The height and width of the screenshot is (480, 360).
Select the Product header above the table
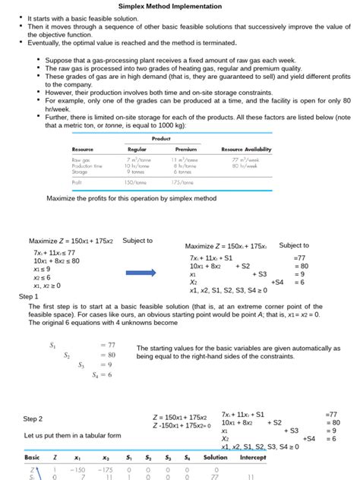click(161, 138)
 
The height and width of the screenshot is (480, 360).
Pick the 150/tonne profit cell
click(135, 182)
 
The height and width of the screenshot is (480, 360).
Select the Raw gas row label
click(81, 160)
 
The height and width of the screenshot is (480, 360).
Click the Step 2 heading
click(33, 418)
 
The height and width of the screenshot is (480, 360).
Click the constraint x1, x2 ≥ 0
click(47, 286)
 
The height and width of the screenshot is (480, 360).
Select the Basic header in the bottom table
click(32, 458)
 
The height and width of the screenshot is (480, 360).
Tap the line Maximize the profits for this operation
click(131, 197)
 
